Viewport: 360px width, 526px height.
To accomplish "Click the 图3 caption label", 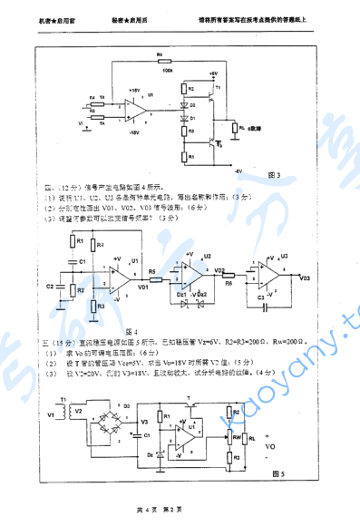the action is (275, 174).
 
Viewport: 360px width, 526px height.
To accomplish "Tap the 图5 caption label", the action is (278, 472).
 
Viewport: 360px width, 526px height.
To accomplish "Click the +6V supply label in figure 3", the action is (212, 73).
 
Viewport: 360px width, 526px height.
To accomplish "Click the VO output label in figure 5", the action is (268, 447).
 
